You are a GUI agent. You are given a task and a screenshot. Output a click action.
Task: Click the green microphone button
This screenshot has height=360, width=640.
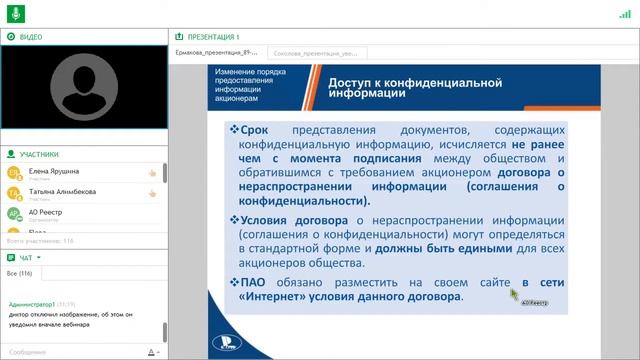click(14, 14)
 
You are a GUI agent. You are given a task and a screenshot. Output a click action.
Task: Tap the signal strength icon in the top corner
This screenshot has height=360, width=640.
click(624, 14)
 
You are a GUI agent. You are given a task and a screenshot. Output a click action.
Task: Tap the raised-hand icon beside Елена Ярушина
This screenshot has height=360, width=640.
click(152, 173)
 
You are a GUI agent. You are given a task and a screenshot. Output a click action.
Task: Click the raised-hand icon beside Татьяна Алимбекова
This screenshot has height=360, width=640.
click(152, 193)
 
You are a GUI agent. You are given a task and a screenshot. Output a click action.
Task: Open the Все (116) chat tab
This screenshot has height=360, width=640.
click(19, 273)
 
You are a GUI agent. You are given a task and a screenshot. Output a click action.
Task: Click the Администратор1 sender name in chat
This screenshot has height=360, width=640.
click(33, 303)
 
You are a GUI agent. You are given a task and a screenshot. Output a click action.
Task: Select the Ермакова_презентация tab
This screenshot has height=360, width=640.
click(216, 51)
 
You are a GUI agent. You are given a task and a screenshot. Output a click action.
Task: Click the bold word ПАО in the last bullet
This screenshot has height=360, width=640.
click(254, 283)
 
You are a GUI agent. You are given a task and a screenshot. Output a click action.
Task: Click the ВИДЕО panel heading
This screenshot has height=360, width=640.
click(30, 36)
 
